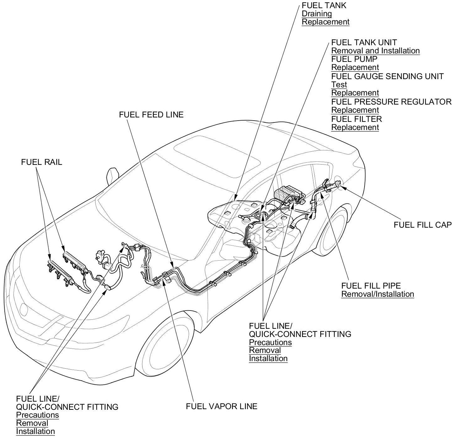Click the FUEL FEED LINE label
tap(151, 115)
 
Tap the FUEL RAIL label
tap(41, 162)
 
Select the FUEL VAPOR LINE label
tap(221, 406)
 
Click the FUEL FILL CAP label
tap(422, 225)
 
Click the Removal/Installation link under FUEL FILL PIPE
tap(377, 294)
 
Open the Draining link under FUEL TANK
tap(316, 14)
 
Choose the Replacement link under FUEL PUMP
tap(355, 68)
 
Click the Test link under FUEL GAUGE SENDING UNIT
tap(339, 84)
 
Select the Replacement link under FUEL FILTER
tap(355, 127)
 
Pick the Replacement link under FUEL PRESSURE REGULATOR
tap(355, 110)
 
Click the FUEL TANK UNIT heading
tap(364, 42)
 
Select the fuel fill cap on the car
tap(338, 183)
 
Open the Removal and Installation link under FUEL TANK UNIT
tap(375, 51)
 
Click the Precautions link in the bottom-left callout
tap(37, 415)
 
